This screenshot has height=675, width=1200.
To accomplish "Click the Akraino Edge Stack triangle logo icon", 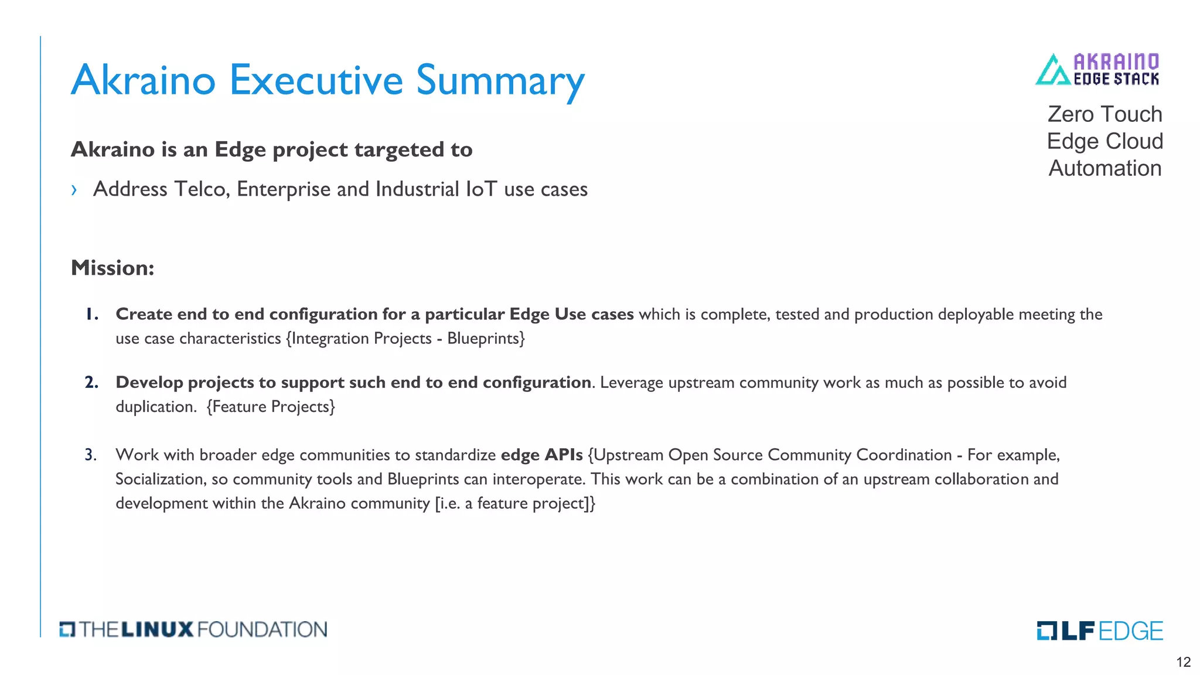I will point(1053,70).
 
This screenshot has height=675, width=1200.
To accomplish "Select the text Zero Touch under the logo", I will point(1104,114).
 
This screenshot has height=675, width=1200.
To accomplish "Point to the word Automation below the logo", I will point(1104,168).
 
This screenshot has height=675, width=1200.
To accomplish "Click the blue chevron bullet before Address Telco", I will point(74,190).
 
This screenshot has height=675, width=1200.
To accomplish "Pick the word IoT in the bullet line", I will point(482,189).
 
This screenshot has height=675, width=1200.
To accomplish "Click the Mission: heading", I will point(112,268).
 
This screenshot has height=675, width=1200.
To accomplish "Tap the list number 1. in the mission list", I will point(91,314).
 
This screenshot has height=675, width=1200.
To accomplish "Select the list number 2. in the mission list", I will point(91,383).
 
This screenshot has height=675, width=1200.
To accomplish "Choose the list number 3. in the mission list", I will point(91,455).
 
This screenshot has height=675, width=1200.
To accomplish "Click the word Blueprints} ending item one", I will point(486,339).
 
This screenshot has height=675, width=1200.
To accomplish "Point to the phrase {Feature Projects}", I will point(271,407).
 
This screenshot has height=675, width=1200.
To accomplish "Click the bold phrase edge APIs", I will point(541,455).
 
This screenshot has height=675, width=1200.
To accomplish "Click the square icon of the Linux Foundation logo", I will point(67,629).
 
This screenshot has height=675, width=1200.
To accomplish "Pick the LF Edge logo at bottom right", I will point(1099,630).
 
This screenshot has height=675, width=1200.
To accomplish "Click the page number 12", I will point(1183,662).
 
